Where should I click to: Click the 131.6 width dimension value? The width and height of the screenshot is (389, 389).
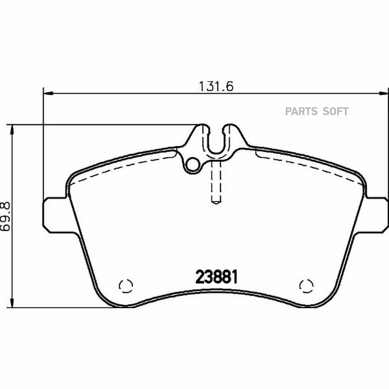217,86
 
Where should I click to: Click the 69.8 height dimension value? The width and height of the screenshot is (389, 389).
5,217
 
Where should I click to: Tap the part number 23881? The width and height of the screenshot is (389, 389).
217,277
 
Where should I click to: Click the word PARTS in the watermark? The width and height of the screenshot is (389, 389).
301,112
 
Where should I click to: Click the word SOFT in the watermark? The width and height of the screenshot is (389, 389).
336,112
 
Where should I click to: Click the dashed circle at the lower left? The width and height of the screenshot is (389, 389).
126,286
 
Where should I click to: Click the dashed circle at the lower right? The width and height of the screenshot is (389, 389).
306,286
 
